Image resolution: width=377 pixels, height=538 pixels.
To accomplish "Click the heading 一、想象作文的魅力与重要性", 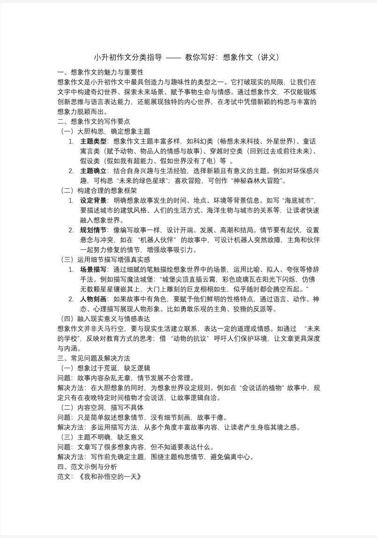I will (100, 73).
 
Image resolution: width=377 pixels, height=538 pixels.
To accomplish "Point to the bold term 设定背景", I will (94, 200).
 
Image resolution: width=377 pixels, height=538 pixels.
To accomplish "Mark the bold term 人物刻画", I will (94, 299).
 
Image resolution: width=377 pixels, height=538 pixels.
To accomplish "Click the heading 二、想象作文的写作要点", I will (94, 122).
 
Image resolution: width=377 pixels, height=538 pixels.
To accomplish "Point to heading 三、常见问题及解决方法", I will (94, 358).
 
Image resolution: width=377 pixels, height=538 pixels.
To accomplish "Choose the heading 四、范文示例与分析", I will (87, 466).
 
